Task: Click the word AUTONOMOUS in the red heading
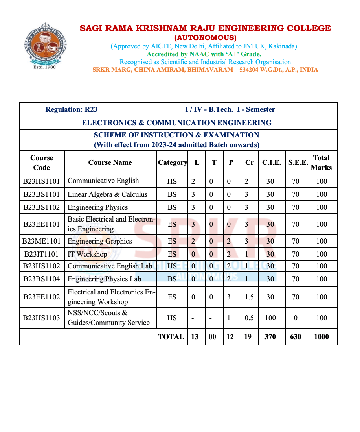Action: tap(205, 38)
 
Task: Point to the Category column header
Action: tap(172, 162)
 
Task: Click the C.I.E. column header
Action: tap(271, 162)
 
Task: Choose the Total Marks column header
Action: tap(321, 162)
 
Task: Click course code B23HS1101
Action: tap(41, 181)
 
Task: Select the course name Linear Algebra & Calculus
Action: tap(107, 194)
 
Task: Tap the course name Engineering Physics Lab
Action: tap(104, 279)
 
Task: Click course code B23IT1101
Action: tap(41, 254)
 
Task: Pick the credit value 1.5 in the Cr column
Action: tap(249, 297)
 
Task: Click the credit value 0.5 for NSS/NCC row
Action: tap(249, 318)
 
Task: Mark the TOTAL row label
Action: tap(171, 337)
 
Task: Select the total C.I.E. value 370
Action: tap(270, 337)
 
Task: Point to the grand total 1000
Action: tap(321, 337)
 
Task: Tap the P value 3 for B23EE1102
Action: tap(229, 297)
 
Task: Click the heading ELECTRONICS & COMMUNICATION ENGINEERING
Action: tap(176, 123)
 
